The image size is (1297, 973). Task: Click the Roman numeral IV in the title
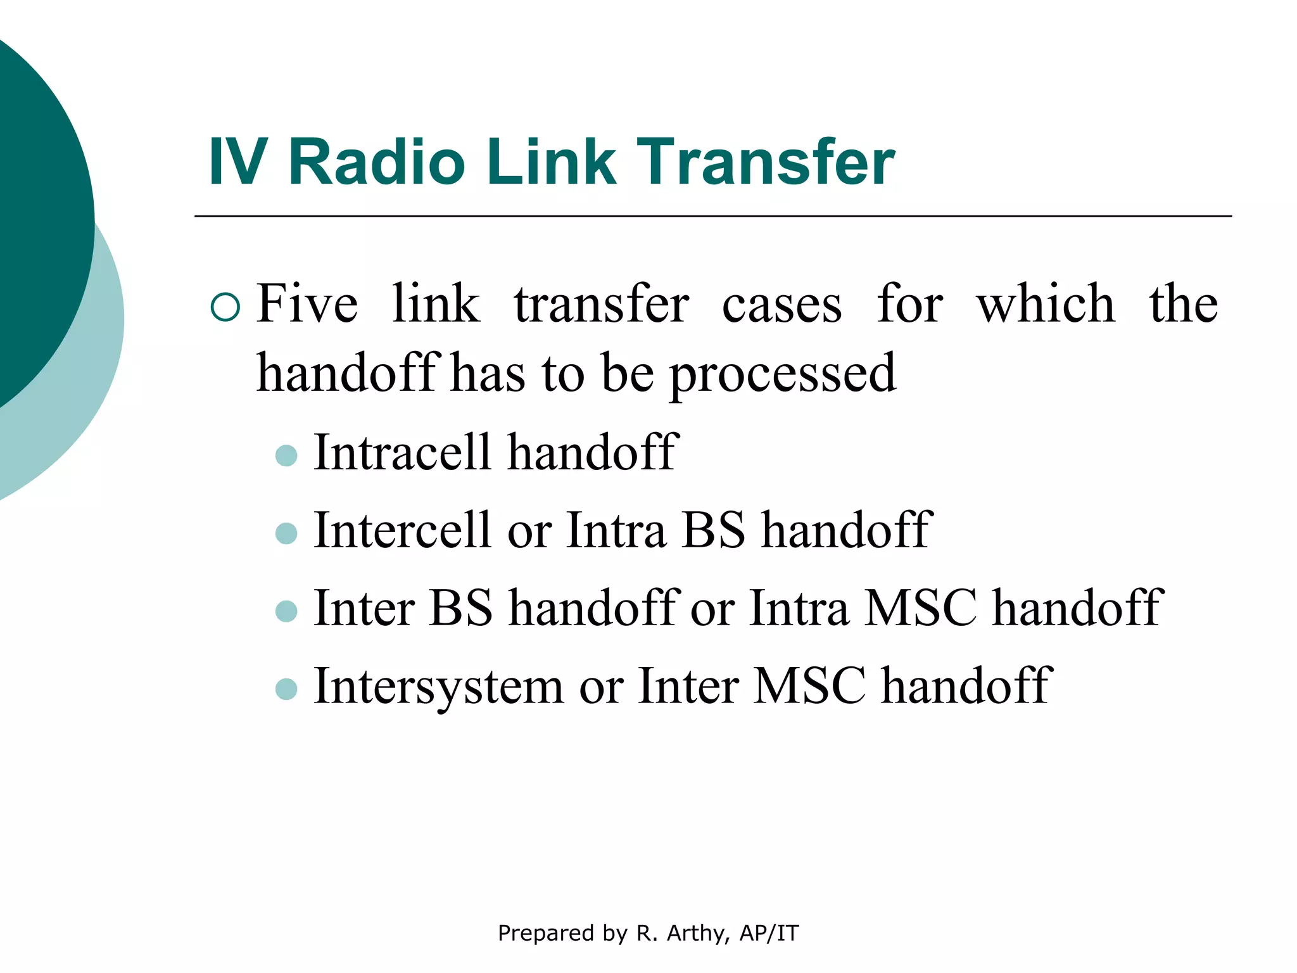click(237, 163)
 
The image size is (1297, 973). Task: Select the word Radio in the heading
click(377, 163)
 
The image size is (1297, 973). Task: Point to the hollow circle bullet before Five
click(225, 307)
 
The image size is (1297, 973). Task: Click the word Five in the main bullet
click(307, 304)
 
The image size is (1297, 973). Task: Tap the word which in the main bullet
click(1045, 304)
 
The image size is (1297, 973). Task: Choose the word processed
click(783, 374)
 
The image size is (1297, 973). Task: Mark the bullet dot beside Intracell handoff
click(287, 455)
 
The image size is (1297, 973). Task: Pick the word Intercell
click(403, 530)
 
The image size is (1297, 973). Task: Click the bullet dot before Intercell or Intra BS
click(287, 533)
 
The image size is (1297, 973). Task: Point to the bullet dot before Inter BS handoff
click(287, 611)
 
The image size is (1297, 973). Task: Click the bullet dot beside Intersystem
click(287, 689)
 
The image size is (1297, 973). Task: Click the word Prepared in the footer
click(538, 933)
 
